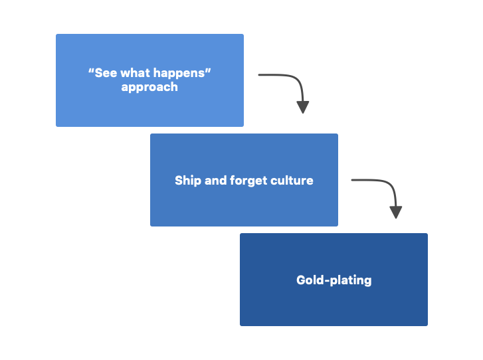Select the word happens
click(x=182, y=73)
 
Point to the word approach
click(x=149, y=87)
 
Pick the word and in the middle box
click(x=215, y=180)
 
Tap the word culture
click(x=292, y=180)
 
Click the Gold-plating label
click(x=334, y=280)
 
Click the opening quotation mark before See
click(x=91, y=70)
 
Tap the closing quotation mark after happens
click(x=208, y=70)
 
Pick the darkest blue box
click(x=334, y=306)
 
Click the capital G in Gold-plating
click(x=301, y=280)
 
